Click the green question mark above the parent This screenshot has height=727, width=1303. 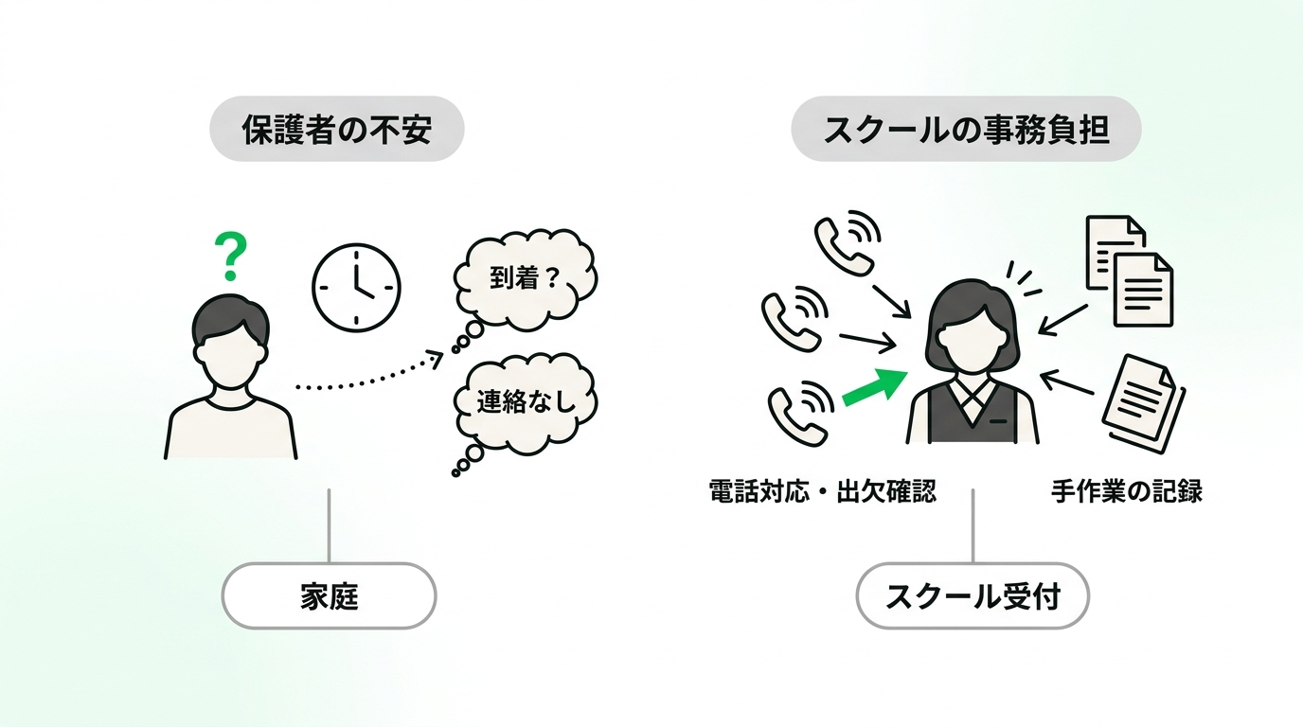point(231,257)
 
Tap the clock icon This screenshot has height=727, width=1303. point(357,288)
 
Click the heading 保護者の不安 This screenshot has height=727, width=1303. point(337,129)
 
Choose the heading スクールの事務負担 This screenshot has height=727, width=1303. point(966,129)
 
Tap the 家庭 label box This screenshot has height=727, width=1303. point(330,596)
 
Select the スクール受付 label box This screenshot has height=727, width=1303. point(973,596)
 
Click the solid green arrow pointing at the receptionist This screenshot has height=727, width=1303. point(875,387)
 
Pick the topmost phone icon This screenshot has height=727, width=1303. point(848,242)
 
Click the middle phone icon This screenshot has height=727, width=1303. point(794,318)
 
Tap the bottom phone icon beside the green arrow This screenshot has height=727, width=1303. point(801,413)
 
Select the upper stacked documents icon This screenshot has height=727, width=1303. point(1129,271)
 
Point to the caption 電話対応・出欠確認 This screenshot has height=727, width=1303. point(823,491)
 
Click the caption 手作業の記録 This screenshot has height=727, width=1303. point(1126,491)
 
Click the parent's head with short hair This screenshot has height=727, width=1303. point(231,340)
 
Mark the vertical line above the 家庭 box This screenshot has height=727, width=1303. point(330,525)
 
